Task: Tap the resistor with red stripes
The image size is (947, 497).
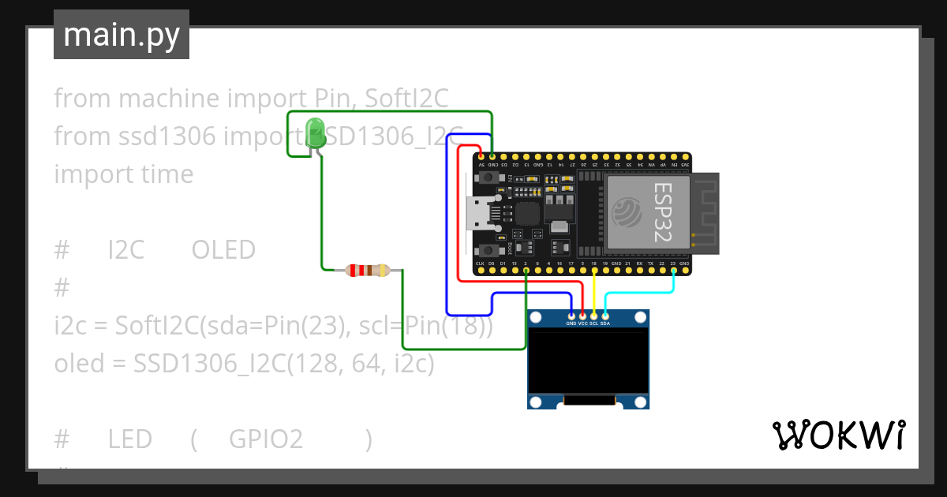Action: click(x=368, y=271)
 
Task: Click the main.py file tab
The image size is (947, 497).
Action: click(x=122, y=35)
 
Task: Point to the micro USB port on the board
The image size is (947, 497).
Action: click(x=479, y=213)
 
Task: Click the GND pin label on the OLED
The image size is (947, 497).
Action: click(x=571, y=323)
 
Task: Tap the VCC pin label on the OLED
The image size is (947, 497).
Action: click(x=582, y=323)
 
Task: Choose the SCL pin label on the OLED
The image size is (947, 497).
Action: click(x=593, y=323)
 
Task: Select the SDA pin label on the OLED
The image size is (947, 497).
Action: click(x=605, y=323)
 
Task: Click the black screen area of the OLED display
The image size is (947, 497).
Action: click(x=588, y=362)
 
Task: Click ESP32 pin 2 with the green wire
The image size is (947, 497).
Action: click(x=526, y=271)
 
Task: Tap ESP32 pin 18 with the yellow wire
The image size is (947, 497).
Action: click(x=593, y=271)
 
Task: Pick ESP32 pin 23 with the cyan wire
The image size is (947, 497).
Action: click(x=673, y=271)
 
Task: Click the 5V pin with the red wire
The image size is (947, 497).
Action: click(x=481, y=157)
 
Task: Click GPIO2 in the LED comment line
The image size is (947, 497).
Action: click(x=266, y=439)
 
